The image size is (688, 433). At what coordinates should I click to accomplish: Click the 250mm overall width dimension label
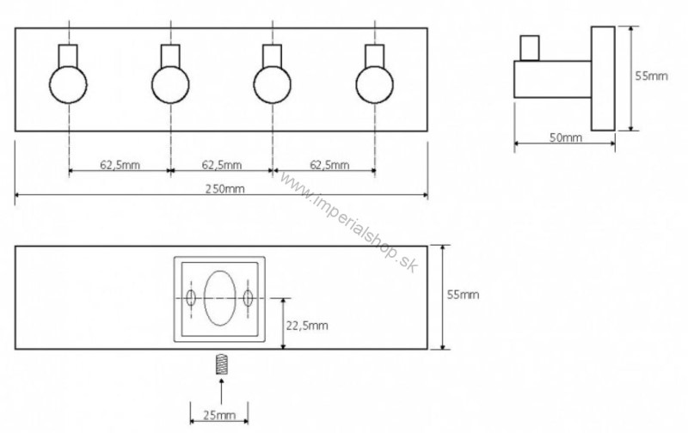coord(224,189)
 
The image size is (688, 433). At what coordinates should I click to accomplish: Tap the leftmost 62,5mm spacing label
coord(120,165)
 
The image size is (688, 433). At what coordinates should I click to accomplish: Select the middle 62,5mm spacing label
coord(222,165)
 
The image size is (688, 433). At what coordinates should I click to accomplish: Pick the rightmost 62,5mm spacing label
coord(329,165)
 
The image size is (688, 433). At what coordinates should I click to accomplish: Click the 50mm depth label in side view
coord(566,137)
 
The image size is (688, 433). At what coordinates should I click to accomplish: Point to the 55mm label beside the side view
coord(652,76)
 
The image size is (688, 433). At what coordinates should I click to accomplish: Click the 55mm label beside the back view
coord(463,295)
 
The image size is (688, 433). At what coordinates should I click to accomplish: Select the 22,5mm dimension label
coord(307,326)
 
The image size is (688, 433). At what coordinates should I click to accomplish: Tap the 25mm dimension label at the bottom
coord(219,415)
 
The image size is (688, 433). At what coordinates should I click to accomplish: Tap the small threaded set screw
coord(223,363)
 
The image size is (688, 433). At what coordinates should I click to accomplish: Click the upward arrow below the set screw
coord(221,391)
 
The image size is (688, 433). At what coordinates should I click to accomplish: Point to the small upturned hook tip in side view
coord(530,48)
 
